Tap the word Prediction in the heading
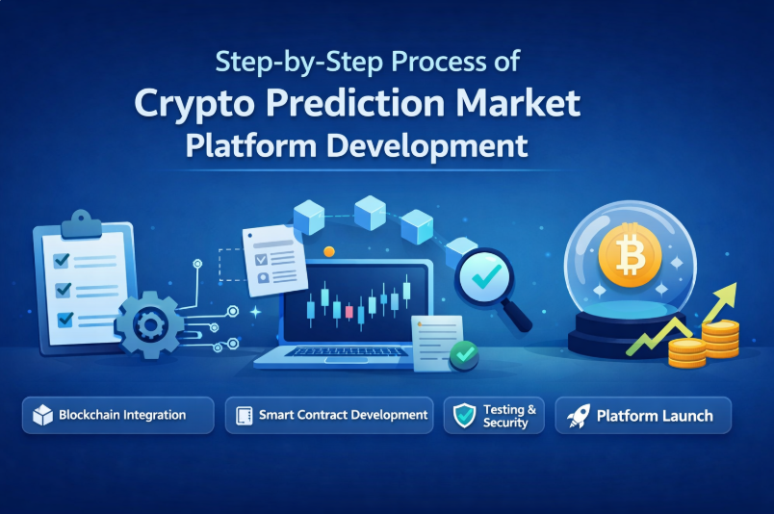coord(355,103)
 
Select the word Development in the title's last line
coord(427,147)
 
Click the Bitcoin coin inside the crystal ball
coord(630,255)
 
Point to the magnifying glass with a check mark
coord(492,288)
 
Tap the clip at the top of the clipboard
coord(82,224)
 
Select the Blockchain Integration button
coord(118,415)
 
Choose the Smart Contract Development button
coord(329,415)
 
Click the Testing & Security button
coord(494,415)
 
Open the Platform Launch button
coord(643,415)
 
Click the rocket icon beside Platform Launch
coord(578,416)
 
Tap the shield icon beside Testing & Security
coord(465,415)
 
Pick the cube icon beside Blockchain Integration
coord(42,415)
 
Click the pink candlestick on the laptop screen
coord(349,312)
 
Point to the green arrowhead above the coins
coord(727,292)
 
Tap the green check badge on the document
coord(464,354)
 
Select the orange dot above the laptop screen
coord(328,252)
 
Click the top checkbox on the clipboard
coord(62,260)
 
